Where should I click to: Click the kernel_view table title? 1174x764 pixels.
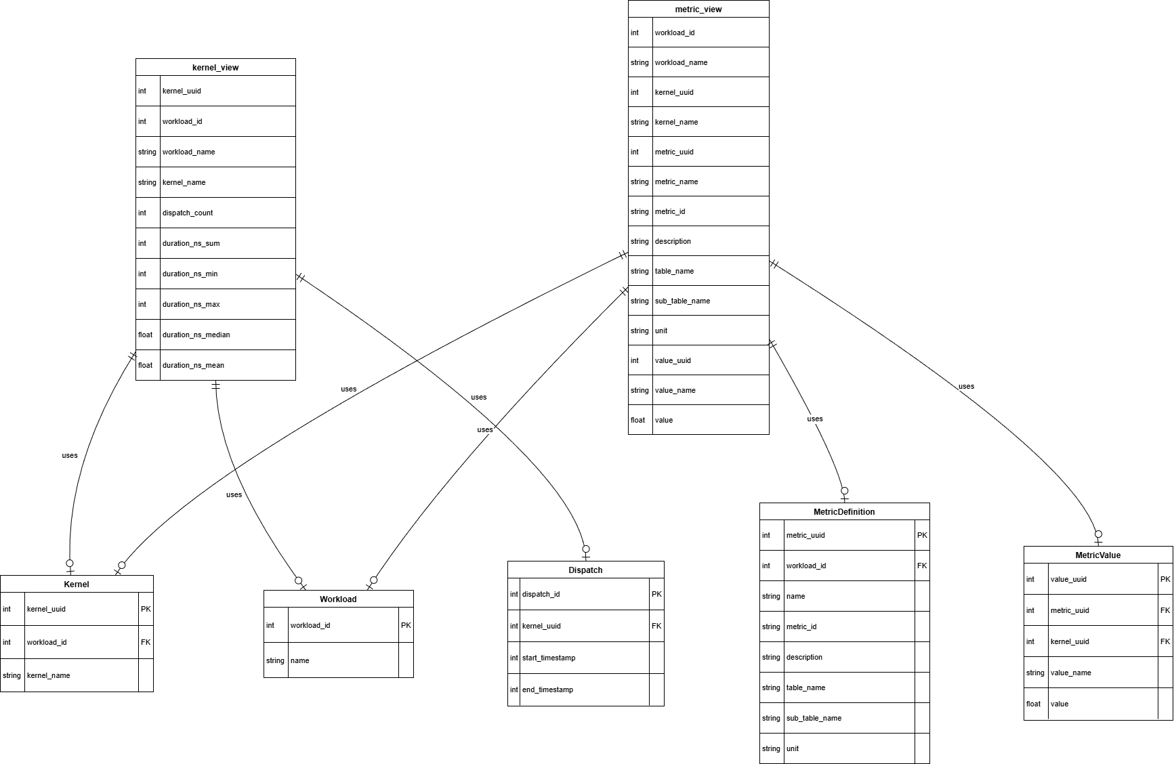pyautogui.click(x=215, y=68)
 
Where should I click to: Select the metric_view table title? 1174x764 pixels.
pyautogui.click(x=698, y=9)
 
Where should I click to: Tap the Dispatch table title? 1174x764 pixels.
pyautogui.click(x=585, y=570)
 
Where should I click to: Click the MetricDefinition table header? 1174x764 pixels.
pyautogui.click(x=844, y=512)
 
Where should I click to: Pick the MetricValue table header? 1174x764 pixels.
pyautogui.click(x=1097, y=555)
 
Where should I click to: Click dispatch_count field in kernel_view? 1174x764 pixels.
pyautogui.click(x=188, y=213)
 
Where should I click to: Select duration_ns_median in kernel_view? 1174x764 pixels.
pyautogui.click(x=196, y=335)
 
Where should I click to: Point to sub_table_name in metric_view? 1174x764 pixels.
pyautogui.click(x=682, y=301)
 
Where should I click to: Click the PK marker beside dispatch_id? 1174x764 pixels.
pyautogui.click(x=656, y=594)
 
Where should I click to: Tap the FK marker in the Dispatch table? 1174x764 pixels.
pyautogui.click(x=656, y=626)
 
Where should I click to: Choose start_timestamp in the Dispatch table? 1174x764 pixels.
pyautogui.click(x=549, y=658)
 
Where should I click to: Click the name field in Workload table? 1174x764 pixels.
pyautogui.click(x=299, y=660)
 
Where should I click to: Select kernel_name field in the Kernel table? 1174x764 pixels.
pyautogui.click(x=48, y=675)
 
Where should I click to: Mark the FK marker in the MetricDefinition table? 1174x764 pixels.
pyautogui.click(x=922, y=566)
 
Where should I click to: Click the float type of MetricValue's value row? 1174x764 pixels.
pyautogui.click(x=1033, y=704)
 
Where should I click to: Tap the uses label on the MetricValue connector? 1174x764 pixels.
pyautogui.click(x=966, y=386)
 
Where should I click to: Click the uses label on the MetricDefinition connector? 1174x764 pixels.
pyautogui.click(x=815, y=419)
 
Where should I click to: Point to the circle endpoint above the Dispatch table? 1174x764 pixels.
pyautogui.click(x=586, y=549)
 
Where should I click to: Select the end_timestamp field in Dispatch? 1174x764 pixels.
pyautogui.click(x=547, y=689)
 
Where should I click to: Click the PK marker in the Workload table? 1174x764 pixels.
pyautogui.click(x=406, y=625)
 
